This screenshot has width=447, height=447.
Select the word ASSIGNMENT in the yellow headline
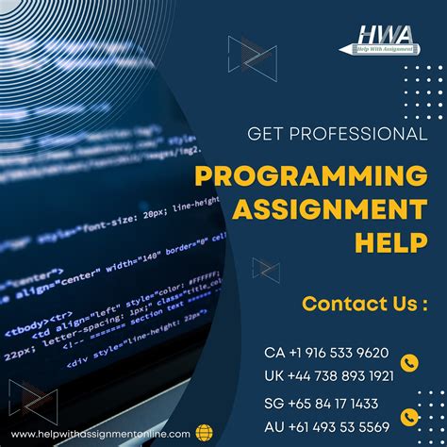click(343, 208)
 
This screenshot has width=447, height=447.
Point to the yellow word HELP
click(389, 242)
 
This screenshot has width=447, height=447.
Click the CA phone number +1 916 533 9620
click(325, 352)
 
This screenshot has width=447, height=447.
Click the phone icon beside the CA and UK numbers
click(409, 361)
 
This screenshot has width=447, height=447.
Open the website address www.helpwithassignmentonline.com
click(103, 433)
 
